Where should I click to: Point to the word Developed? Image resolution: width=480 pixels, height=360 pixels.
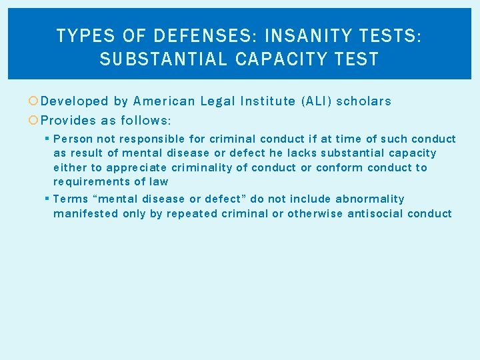[x=74, y=101]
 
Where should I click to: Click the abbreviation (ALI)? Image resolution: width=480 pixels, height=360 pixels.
[x=316, y=101]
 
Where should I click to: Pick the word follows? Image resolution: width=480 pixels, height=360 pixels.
[x=146, y=121]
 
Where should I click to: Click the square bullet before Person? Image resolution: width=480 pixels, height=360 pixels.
[x=47, y=139]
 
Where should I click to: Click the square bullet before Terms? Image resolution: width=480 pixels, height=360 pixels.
[x=47, y=199]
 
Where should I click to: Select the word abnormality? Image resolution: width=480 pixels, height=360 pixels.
[x=369, y=199]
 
